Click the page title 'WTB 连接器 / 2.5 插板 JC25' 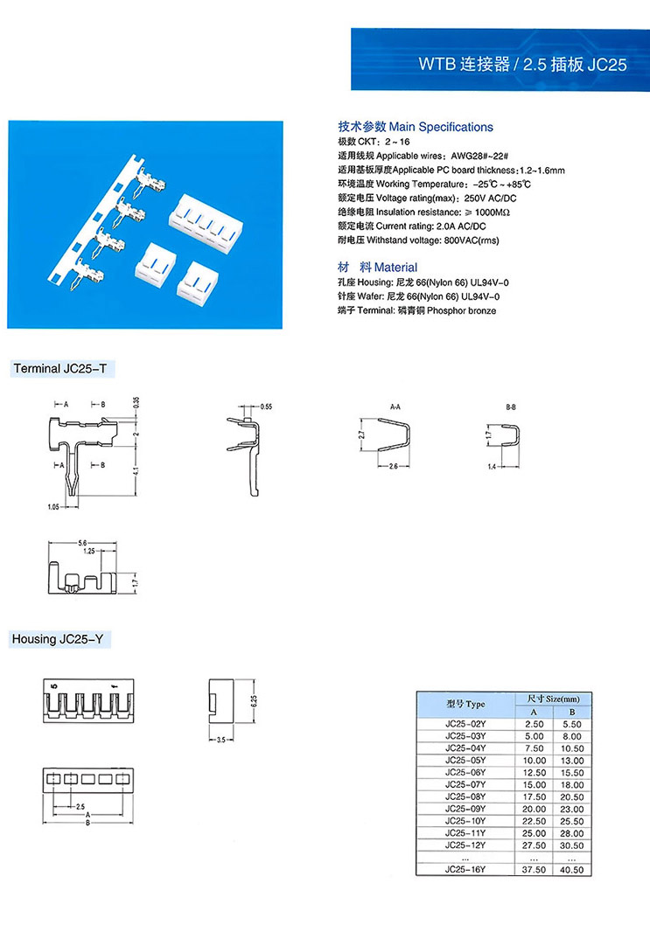click(x=522, y=65)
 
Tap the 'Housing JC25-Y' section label click(x=58, y=640)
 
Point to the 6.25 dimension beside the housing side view click(x=253, y=699)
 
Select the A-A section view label click(x=395, y=407)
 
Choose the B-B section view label click(x=512, y=407)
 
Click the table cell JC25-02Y click(x=465, y=725)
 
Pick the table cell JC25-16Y click(x=465, y=869)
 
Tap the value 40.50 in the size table click(x=572, y=869)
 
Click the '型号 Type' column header click(x=465, y=705)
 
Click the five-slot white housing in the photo click(x=204, y=214)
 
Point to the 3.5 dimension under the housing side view click(x=220, y=740)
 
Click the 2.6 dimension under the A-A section click(x=393, y=467)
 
